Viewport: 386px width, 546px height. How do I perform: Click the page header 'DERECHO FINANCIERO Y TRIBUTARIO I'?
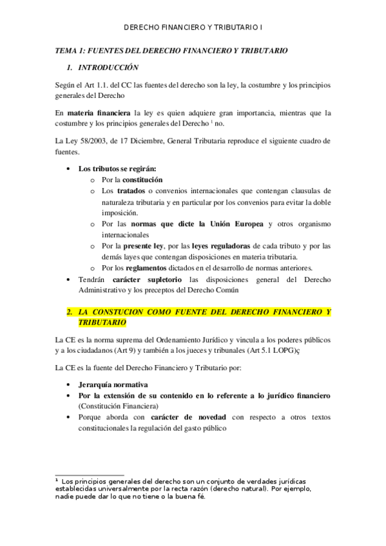tap(193, 28)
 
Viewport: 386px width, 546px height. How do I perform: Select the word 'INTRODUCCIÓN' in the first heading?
tap(108, 67)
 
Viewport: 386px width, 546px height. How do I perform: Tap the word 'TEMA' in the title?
tap(66, 50)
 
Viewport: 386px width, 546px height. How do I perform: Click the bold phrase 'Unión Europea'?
tap(235, 223)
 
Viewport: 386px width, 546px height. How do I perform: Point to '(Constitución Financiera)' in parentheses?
tap(118, 406)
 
